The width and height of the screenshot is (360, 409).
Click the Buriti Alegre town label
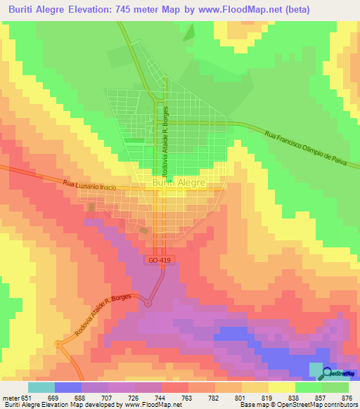coord(179,183)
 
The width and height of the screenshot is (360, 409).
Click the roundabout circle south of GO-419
coord(148,303)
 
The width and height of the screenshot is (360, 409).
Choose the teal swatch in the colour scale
coord(41,387)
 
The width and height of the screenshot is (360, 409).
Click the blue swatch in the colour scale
coord(67,387)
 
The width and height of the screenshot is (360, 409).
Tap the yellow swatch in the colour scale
coord(281,387)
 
